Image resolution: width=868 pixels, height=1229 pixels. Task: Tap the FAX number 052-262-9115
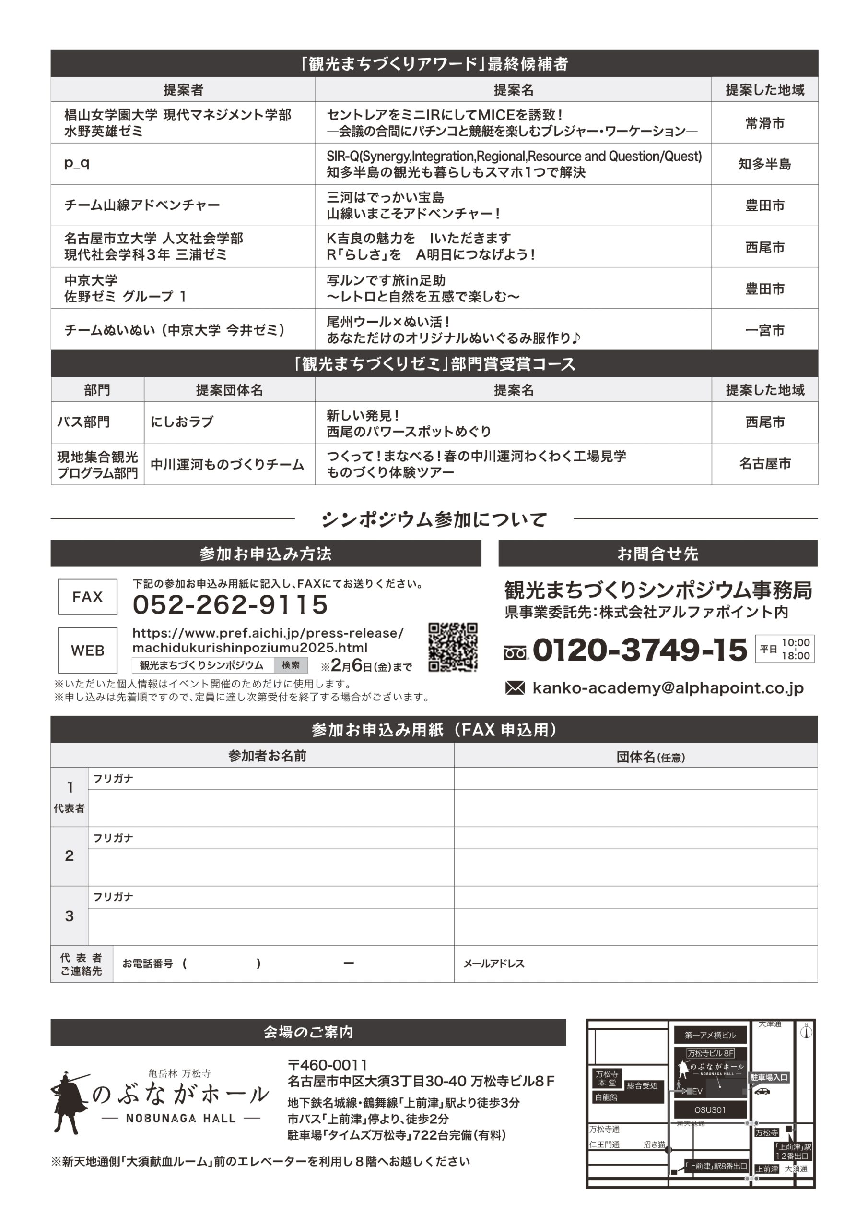[x=230, y=604]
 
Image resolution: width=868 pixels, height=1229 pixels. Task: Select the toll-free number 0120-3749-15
[x=640, y=650]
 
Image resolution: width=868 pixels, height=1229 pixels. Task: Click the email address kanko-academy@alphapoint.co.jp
[x=668, y=688]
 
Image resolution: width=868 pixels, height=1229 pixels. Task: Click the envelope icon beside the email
[x=515, y=688]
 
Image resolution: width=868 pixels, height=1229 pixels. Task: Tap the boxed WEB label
[x=88, y=651]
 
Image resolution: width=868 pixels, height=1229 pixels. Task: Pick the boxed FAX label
[x=88, y=597]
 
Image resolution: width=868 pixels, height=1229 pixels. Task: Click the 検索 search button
[x=291, y=665]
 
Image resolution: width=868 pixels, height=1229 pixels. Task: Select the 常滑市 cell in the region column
[x=764, y=123]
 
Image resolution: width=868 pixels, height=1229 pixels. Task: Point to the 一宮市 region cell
[x=764, y=330]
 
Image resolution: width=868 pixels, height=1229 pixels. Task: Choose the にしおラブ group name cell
[x=182, y=422]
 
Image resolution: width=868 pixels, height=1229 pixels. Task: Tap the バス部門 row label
[x=83, y=422]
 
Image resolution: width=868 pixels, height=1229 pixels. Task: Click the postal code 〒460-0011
[x=328, y=1065]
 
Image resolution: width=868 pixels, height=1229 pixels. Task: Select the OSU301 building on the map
[x=709, y=1109]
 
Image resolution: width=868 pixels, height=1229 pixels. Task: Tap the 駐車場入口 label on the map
[x=769, y=1077]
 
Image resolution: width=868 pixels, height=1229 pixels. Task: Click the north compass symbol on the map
[x=806, y=1031]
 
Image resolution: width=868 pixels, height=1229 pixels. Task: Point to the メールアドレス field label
[x=493, y=964]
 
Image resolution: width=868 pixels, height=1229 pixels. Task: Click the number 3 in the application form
[x=70, y=916]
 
